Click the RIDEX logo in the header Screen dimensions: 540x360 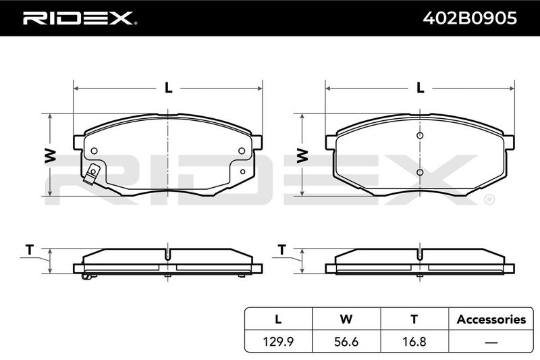pos(80,18)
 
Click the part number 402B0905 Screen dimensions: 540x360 pos(470,18)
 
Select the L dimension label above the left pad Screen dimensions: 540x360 pos(168,88)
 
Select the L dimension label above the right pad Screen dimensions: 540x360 pos(420,88)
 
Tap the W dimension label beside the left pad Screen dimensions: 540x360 pos(50,155)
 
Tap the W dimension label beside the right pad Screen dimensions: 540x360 pos(302,155)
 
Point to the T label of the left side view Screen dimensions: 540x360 pos(30,249)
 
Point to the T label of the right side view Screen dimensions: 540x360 pos(282,249)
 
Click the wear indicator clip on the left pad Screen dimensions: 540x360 pos(92,174)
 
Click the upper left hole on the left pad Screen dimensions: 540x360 pos(94,151)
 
